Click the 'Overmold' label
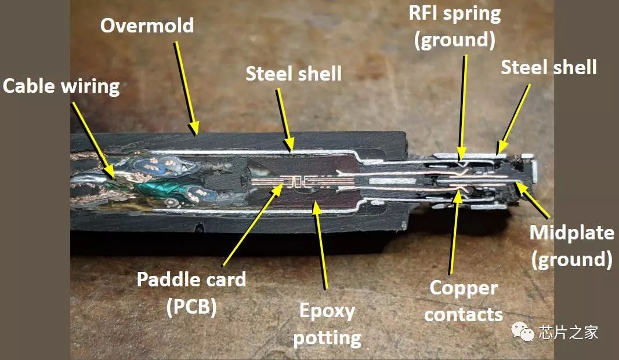[147, 26]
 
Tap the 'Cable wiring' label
[61, 86]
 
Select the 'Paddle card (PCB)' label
[191, 293]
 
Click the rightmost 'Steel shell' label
[549, 67]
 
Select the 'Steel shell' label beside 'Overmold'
[294, 74]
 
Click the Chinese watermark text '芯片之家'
[567, 333]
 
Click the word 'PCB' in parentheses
[191, 307]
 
